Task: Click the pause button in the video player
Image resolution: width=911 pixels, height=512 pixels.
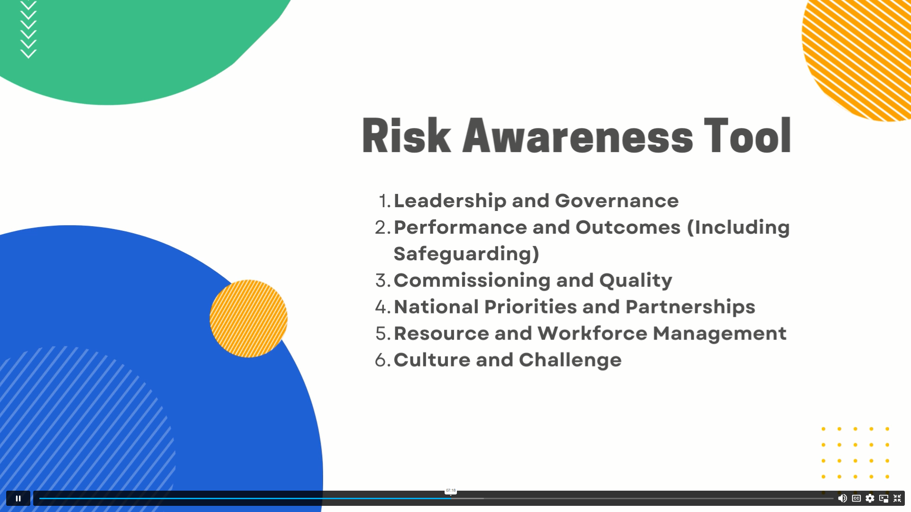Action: tap(18, 498)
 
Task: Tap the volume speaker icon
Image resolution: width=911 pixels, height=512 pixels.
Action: tap(842, 498)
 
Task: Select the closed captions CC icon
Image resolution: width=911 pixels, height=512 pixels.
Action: tap(856, 498)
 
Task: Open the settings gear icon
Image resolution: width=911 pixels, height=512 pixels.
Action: tap(870, 498)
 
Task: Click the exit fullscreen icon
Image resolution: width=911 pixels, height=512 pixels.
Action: tap(897, 498)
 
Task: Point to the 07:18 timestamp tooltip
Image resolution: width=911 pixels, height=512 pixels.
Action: tap(451, 491)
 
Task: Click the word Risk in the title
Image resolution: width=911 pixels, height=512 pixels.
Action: tap(406, 136)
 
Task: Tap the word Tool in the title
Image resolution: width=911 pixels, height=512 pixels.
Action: tap(747, 136)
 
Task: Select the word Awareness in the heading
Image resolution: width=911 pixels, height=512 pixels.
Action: tap(577, 136)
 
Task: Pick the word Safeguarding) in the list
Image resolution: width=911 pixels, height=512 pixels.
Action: tap(466, 254)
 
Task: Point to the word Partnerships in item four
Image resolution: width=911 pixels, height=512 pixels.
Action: tap(690, 307)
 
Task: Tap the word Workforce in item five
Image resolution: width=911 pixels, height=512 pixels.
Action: tap(592, 333)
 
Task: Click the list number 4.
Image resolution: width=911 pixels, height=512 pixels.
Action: tap(382, 307)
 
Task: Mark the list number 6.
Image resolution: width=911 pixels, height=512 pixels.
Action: tap(382, 360)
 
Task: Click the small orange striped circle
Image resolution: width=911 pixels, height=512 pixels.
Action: tap(249, 319)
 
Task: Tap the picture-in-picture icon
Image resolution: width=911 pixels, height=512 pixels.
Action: tap(883, 498)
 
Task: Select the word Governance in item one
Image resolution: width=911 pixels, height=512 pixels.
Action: tap(617, 201)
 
